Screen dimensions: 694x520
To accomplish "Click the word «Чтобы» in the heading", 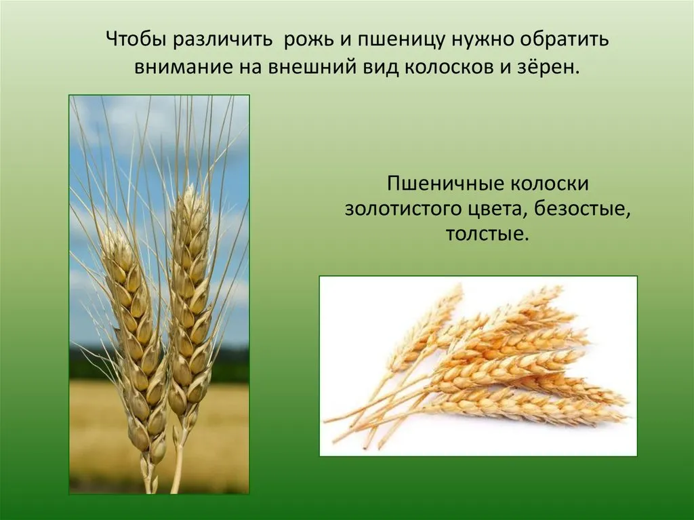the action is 136,39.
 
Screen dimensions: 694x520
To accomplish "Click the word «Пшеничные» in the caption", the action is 445,183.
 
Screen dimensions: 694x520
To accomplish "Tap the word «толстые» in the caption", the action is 487,235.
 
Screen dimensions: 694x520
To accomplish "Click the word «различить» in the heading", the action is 223,40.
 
